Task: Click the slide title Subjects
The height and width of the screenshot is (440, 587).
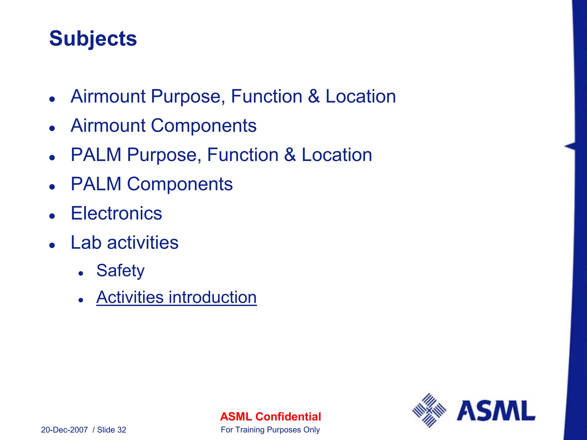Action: click(93, 39)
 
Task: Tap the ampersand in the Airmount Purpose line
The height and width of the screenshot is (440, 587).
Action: click(314, 97)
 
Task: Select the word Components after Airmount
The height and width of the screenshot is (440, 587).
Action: click(204, 126)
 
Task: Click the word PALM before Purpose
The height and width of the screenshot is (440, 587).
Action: click(96, 155)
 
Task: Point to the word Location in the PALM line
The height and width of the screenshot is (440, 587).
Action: click(337, 155)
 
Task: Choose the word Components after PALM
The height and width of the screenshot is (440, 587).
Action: click(180, 184)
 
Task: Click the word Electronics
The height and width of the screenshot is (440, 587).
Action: click(116, 213)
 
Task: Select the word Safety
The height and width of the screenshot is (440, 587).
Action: click(120, 271)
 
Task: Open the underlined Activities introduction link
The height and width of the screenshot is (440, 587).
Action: click(176, 297)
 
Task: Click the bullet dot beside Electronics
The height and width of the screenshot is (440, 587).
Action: click(52, 216)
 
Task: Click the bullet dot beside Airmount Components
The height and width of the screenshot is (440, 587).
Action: click(52, 128)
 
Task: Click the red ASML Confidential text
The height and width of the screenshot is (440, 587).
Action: click(270, 417)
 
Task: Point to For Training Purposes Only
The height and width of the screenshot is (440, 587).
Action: click(270, 430)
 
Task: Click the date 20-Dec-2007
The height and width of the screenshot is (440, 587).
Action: click(64, 430)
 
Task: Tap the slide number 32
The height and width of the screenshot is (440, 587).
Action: click(122, 430)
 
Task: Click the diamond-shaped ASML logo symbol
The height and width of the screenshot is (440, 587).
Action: click(429, 410)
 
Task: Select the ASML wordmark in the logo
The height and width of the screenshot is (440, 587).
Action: click(496, 411)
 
